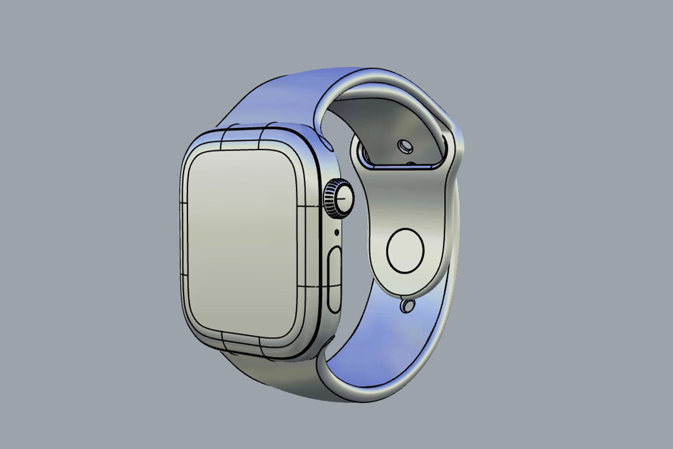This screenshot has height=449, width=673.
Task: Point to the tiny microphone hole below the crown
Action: pyautogui.click(x=337, y=232)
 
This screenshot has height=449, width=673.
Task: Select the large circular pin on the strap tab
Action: pyautogui.click(x=405, y=250)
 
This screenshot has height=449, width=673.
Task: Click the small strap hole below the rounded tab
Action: pyautogui.click(x=407, y=306)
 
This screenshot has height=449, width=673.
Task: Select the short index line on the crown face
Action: pyautogui.click(x=343, y=199)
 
